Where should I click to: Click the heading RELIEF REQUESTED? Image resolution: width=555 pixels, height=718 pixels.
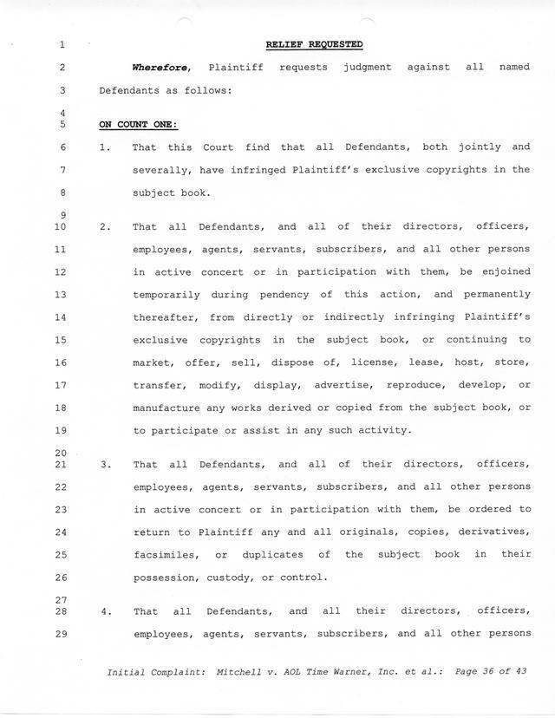[x=314, y=44]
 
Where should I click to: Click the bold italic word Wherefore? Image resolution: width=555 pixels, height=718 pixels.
[x=155, y=67]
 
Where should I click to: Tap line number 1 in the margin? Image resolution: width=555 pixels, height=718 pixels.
[x=64, y=45]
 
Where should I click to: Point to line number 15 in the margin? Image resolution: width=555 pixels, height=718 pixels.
[x=61, y=340]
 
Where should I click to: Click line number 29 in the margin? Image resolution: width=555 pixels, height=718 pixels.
[x=61, y=633]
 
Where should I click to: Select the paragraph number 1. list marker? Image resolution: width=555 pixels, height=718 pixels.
[x=105, y=147]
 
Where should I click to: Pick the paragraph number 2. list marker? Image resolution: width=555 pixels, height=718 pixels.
[x=105, y=227]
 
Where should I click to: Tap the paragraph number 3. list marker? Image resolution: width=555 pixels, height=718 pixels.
[x=105, y=465]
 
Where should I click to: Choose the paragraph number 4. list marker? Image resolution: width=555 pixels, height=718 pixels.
[x=105, y=611]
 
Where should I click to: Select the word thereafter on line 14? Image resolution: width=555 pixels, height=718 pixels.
[x=162, y=317]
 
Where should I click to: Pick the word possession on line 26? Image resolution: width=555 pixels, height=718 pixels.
[x=166, y=577]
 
